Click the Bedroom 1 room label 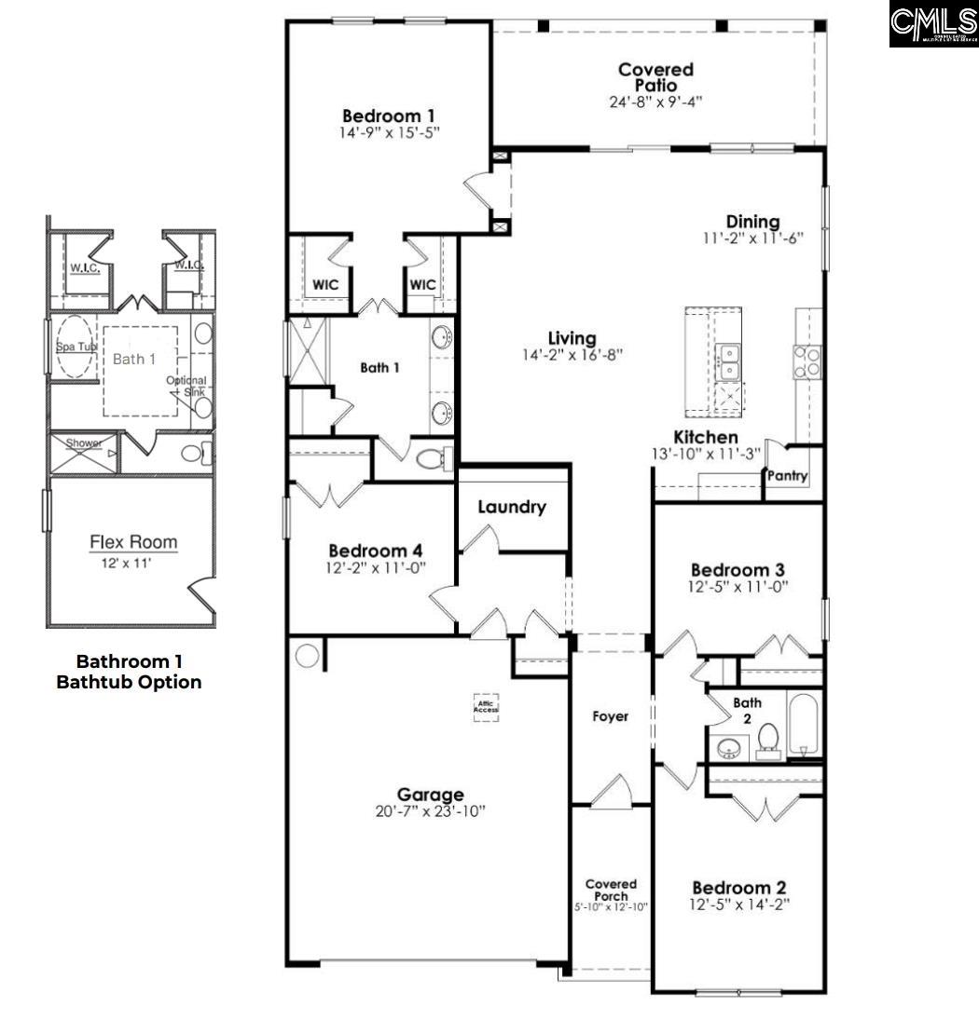pyautogui.click(x=388, y=116)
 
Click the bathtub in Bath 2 pyautogui.click(x=804, y=724)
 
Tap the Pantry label pyautogui.click(x=787, y=476)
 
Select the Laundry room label pyautogui.click(x=511, y=508)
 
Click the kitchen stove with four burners pyautogui.click(x=807, y=361)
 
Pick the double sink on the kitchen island pyautogui.click(x=728, y=363)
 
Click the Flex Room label pyautogui.click(x=133, y=542)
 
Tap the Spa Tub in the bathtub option pyautogui.click(x=75, y=347)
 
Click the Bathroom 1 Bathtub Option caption pyautogui.click(x=129, y=672)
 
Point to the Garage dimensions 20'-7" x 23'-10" pyautogui.click(x=430, y=811)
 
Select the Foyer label pyautogui.click(x=611, y=716)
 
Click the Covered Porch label pyautogui.click(x=611, y=890)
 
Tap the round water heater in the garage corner pyautogui.click(x=305, y=655)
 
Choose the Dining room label pyautogui.click(x=752, y=222)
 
